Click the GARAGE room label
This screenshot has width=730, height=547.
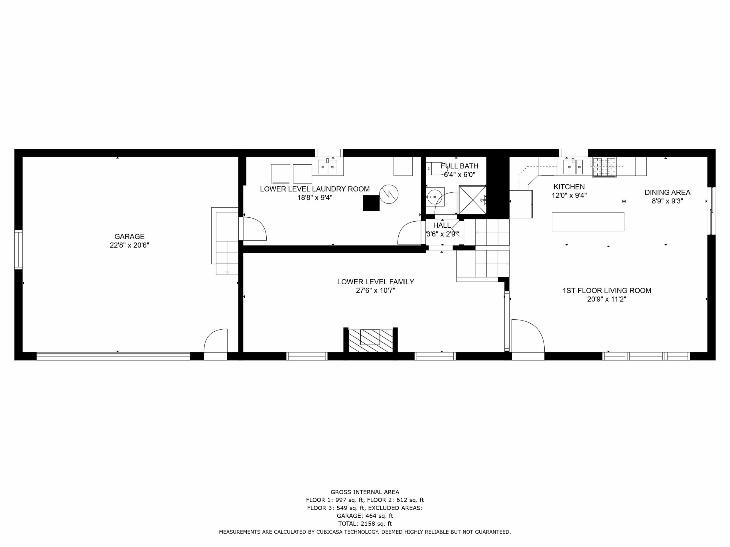(129, 236)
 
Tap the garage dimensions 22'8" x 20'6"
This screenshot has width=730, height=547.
(129, 245)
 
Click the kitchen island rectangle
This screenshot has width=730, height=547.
(588, 222)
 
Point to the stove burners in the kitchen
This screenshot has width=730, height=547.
(604, 167)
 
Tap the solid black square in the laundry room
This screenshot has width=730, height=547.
(371, 203)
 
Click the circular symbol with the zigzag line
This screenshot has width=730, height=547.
(389, 194)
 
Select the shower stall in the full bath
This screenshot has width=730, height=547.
(473, 200)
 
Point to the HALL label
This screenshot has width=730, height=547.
(442, 225)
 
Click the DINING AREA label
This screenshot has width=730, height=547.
(667, 192)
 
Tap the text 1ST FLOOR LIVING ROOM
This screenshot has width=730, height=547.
(607, 291)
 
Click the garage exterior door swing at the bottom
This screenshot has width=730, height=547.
(216, 341)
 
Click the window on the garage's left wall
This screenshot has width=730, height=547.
(19, 250)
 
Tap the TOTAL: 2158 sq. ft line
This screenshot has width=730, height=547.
(365, 524)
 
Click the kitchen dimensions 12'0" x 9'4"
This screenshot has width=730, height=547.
(569, 195)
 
